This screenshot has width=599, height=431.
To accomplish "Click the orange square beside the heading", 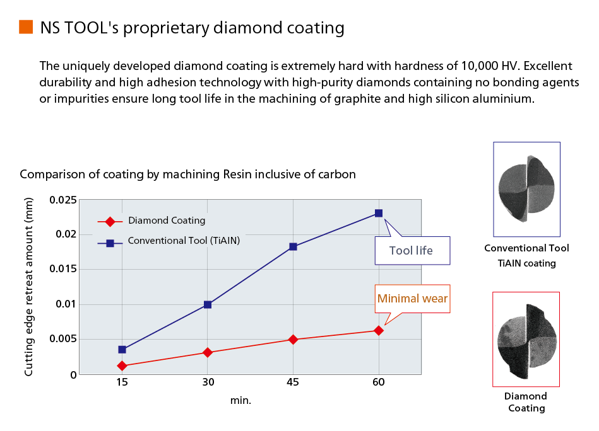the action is tap(26, 27).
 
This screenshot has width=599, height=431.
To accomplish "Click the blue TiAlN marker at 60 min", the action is tap(379, 213).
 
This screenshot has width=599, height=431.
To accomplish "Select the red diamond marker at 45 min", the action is tap(293, 340).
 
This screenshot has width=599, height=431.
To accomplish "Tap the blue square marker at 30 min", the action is tap(208, 304).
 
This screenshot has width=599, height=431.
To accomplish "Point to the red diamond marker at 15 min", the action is tap(122, 365).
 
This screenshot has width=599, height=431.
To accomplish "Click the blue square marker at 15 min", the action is tap(122, 349).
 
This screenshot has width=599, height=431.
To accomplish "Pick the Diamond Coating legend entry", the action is tap(151, 221).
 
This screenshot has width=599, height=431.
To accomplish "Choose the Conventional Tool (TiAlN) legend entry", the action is tap(169, 241).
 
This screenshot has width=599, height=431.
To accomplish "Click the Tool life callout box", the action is tap(413, 251).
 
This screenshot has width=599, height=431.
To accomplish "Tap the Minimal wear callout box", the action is tap(413, 299).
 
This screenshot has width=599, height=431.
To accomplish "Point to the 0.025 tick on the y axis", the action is tap(63, 200).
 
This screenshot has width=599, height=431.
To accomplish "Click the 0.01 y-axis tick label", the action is tap(66, 304).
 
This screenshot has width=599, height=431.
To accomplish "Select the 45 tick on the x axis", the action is tap(293, 382).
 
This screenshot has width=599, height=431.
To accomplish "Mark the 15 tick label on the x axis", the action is tap(122, 382).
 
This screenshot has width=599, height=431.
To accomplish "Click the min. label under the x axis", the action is tap(240, 401).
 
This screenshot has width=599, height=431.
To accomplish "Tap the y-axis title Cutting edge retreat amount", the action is tap(28, 287).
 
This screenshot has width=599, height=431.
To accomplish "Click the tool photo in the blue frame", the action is tap(527, 189).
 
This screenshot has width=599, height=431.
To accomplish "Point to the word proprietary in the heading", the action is tap(166, 28).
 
